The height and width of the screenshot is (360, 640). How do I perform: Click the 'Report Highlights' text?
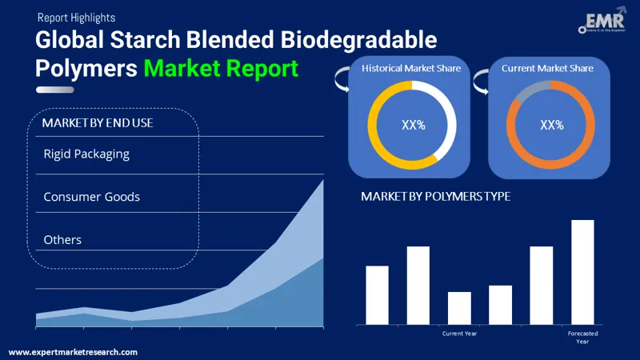click(x=75, y=17)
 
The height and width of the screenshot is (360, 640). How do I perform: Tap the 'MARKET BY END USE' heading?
click(x=98, y=123)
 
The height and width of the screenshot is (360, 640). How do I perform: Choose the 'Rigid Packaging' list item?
click(x=86, y=154)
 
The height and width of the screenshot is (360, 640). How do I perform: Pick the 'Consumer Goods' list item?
click(x=91, y=197)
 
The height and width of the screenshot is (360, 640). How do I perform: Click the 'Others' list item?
click(x=62, y=240)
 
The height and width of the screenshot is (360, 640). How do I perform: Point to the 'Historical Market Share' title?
click(x=411, y=69)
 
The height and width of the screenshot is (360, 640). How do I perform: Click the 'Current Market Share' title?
click(x=547, y=69)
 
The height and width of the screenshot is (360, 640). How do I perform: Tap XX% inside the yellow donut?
click(x=412, y=126)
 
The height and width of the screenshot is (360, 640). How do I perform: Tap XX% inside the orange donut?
click(x=551, y=126)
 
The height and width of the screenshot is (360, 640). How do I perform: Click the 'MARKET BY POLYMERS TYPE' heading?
click(x=435, y=196)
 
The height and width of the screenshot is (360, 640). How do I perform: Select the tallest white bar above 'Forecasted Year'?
click(x=582, y=272)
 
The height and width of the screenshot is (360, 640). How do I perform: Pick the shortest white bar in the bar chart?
click(x=459, y=308)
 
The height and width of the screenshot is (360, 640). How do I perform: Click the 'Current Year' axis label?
click(x=459, y=333)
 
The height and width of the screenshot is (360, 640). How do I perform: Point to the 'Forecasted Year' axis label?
click(x=582, y=337)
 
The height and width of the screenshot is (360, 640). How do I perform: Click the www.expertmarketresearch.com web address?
click(x=73, y=352)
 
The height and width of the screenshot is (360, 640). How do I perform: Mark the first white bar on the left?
click(x=377, y=294)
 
